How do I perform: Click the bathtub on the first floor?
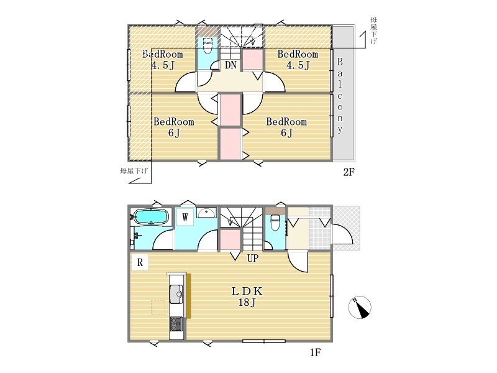click(x=150, y=217)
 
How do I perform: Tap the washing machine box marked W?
click(x=185, y=217)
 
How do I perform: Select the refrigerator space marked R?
click(x=140, y=262)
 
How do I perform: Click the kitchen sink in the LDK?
click(x=176, y=294)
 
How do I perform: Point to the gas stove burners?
click(x=176, y=324)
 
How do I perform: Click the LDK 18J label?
click(x=247, y=297)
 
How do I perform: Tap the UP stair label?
click(x=253, y=259)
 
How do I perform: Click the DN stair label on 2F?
click(x=230, y=65)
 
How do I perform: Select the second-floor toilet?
click(x=207, y=45)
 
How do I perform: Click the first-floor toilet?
click(x=275, y=223)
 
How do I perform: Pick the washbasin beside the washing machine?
click(x=206, y=212)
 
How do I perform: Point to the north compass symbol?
click(x=360, y=307)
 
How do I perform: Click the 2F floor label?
click(x=349, y=172)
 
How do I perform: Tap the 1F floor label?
click(x=316, y=352)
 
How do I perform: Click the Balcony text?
click(x=340, y=96)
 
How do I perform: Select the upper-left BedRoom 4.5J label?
click(x=162, y=60)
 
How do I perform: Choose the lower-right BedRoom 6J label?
click(x=286, y=127)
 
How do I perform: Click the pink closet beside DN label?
click(x=253, y=59)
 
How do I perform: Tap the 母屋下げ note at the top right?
click(x=374, y=30)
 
